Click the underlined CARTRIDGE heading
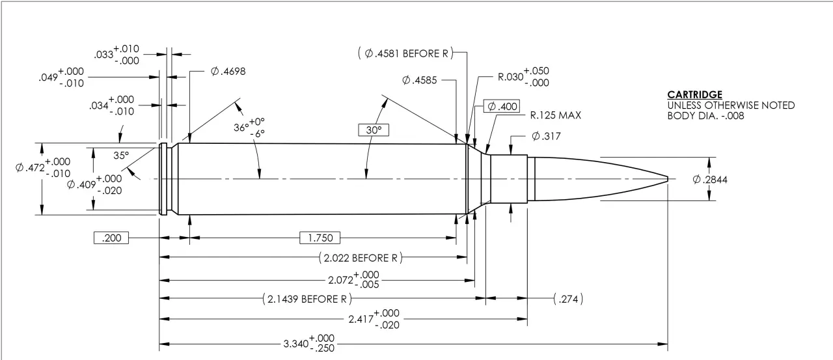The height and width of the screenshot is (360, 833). point(694,95)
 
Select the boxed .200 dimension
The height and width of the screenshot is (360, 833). point(112,238)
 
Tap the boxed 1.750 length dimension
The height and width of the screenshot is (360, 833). point(320,238)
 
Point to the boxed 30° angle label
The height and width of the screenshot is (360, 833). point(373,130)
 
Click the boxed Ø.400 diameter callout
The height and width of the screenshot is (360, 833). point(502,106)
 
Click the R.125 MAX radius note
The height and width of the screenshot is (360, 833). point(555,116)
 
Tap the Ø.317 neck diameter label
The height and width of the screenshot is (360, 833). point(545,136)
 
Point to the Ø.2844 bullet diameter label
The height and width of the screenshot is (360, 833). point(710,180)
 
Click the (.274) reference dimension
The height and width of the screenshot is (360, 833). point(567,299)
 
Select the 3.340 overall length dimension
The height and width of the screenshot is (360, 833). point(308,343)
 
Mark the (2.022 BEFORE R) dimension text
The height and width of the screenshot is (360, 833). point(360,258)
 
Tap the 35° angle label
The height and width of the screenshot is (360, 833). point(121,156)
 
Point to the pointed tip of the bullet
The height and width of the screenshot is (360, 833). point(668,178)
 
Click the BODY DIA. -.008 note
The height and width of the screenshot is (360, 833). point(705,116)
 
